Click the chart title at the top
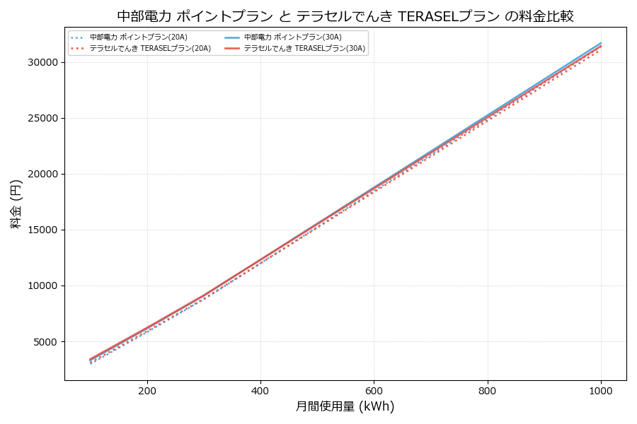345,16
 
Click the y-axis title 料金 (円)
16,204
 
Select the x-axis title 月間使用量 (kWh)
345,407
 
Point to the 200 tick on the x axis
147,389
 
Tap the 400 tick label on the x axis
260,389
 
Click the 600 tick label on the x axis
374,389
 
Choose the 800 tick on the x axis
488,389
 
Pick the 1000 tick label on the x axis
601,389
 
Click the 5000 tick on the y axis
47,342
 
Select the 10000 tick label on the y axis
44,286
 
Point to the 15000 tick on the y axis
44,230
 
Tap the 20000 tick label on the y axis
44,175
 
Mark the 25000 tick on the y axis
44,119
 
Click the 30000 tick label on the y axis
44,63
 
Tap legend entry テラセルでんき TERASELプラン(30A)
304,49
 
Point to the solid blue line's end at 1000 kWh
601,43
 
